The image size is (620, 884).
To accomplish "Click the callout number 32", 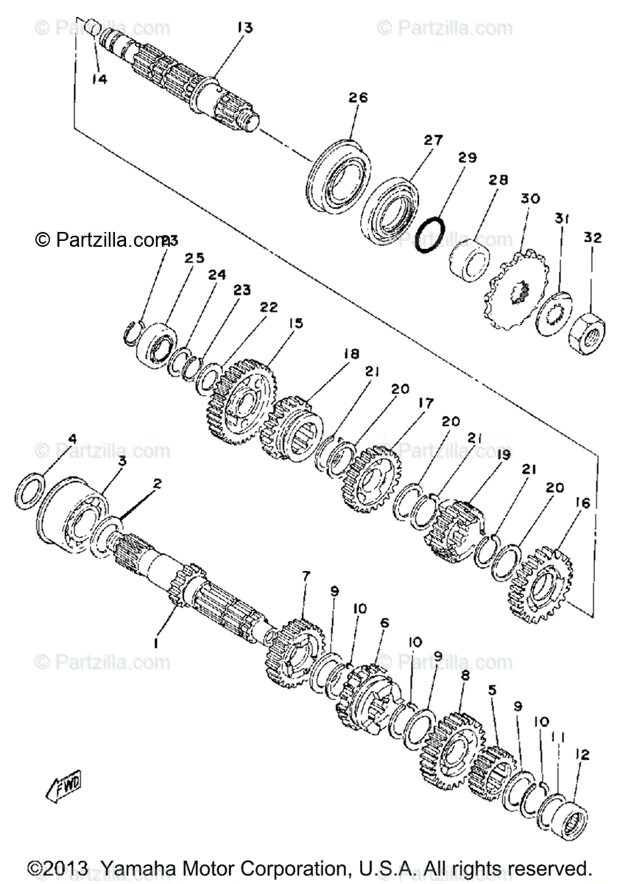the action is (x=593, y=238).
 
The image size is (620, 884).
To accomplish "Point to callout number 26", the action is (x=358, y=98).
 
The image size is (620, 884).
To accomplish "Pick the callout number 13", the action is (x=244, y=28).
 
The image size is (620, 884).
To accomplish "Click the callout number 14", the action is (x=99, y=79).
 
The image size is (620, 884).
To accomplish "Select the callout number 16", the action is (x=582, y=503).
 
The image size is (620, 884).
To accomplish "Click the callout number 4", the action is (x=71, y=440).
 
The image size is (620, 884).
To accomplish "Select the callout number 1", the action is (x=156, y=643).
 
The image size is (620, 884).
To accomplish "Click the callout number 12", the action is (x=583, y=754).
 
